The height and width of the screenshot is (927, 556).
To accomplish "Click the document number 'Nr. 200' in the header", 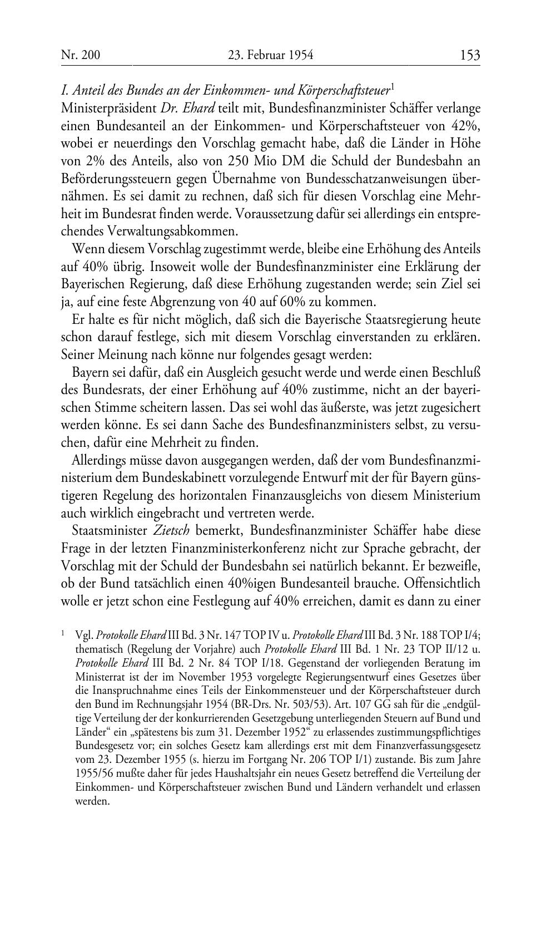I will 80,55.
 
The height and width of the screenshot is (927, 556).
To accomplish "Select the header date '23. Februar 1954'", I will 271,55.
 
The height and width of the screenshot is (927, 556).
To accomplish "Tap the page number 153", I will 470,55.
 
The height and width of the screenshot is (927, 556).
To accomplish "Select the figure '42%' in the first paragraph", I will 465,125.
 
